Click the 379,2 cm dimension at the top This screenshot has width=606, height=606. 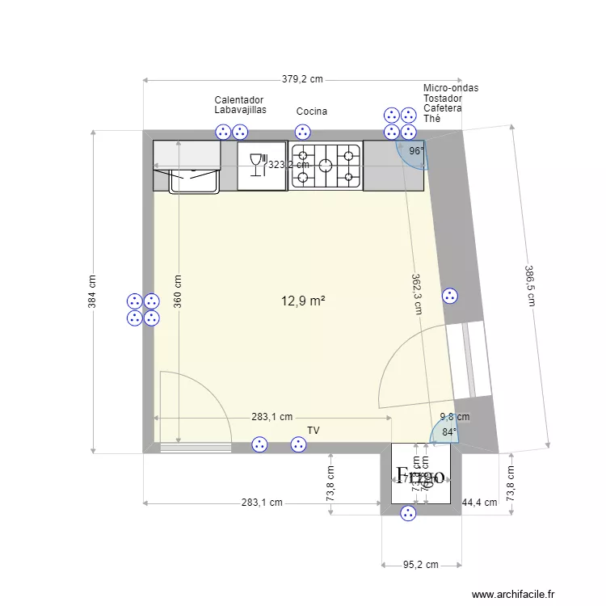pos(302,79)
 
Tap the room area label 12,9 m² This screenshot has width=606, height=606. pos(303,301)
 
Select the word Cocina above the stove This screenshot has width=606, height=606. pos(312,112)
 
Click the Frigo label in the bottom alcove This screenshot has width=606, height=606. pos(419,475)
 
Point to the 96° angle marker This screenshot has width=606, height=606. pos(415,151)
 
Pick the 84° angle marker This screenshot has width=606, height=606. pos(448,432)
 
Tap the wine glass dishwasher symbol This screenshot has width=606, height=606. pos(259,164)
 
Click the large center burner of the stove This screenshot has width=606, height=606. pos(326,165)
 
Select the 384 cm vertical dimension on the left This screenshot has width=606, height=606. pos(92,292)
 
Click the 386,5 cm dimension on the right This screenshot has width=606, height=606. pos(530,286)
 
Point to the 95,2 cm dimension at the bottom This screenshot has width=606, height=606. pos(420,565)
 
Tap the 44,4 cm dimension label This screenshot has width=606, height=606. pos(479,503)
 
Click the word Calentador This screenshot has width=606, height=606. pos(238,100)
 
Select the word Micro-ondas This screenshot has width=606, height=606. pos(450,88)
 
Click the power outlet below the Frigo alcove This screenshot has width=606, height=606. pos(409,513)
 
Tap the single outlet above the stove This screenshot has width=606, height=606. pos(302,132)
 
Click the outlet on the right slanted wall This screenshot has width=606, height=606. pos(450,297)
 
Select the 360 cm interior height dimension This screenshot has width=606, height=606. pos(178,292)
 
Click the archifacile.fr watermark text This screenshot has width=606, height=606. pos(514,594)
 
